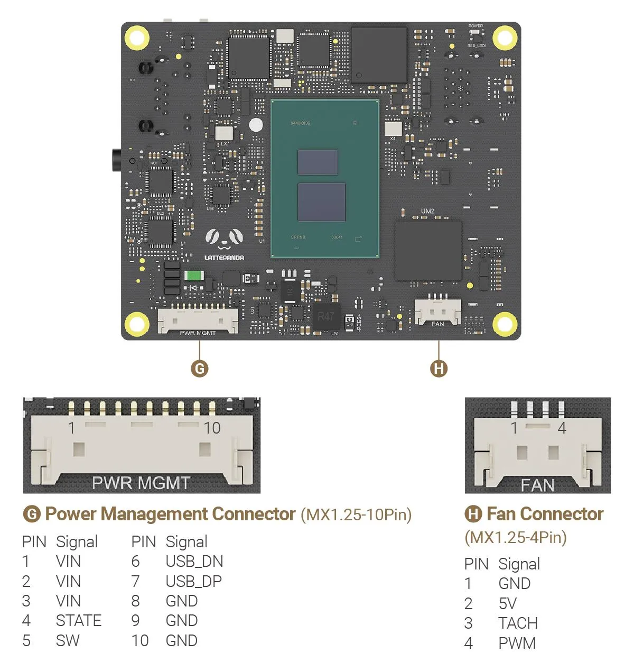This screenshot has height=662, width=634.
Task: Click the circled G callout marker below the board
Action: pyautogui.click(x=199, y=369)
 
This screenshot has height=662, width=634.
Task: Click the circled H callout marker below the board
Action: pyautogui.click(x=439, y=369)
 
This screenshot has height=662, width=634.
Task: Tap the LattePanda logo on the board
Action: pyautogui.click(x=224, y=244)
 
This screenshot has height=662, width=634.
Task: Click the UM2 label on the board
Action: pyautogui.click(x=427, y=211)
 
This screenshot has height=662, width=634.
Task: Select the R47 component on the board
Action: pyautogui.click(x=325, y=316)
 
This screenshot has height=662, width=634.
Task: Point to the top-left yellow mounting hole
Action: pyautogui.click(x=136, y=38)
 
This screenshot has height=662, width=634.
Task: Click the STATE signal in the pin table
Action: pyautogui.click(x=78, y=620)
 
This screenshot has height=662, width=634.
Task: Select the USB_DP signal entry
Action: pyautogui.click(x=193, y=581)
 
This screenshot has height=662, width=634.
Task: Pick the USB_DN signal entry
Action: pyautogui.click(x=194, y=561)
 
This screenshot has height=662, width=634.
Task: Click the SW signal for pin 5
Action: pyautogui.click(x=68, y=640)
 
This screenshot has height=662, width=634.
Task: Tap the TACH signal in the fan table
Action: pyautogui.click(x=517, y=623)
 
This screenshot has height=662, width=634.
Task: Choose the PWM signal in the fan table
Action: pyautogui.click(x=517, y=643)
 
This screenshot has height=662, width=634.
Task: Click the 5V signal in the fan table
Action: pyautogui.click(x=507, y=603)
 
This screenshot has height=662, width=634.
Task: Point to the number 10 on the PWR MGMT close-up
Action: pyautogui.click(x=212, y=428)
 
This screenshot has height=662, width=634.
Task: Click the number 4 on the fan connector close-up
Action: pyautogui.click(x=562, y=428)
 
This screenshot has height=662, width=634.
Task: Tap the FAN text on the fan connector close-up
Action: pyautogui.click(x=537, y=485)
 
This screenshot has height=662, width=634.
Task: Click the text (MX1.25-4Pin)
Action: pyautogui.click(x=516, y=537)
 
